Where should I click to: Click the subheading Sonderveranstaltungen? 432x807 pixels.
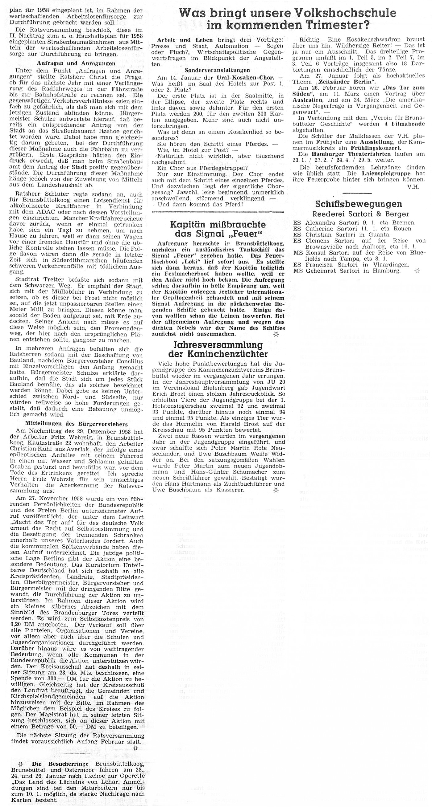click(x=217, y=70)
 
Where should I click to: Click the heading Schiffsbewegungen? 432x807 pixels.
click(x=359, y=204)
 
